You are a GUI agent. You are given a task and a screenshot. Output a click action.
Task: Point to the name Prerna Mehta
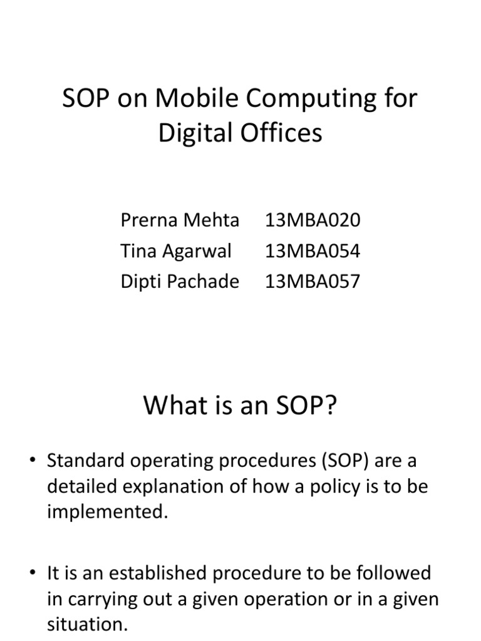coord(180,220)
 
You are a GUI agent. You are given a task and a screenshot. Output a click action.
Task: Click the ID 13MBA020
coord(313,220)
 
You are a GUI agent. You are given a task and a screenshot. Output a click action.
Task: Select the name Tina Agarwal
coord(176,251)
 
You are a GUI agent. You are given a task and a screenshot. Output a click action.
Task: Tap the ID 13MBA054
coord(313,251)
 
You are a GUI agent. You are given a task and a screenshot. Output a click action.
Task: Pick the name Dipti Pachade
coord(180,282)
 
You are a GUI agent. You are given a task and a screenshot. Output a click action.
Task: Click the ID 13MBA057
coord(313,282)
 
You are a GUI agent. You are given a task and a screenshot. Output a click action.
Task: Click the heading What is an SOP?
coord(240,407)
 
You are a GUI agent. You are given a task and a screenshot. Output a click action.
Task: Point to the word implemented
coord(107,513)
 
